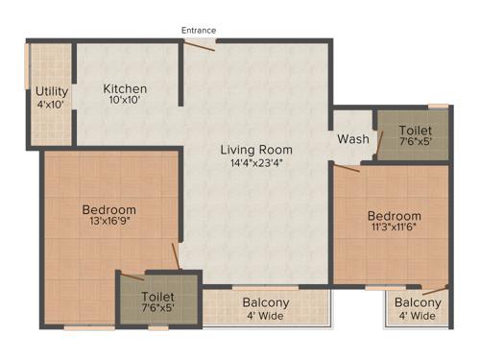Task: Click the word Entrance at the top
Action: [x=199, y=31]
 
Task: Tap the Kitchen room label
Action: [x=126, y=89]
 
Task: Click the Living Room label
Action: [x=256, y=150]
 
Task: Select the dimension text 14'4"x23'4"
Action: [x=256, y=162]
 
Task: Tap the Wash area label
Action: [x=352, y=139]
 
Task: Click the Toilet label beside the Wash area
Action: [x=415, y=130]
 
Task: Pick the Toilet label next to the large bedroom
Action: [x=157, y=297]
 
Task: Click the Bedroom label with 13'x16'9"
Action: [x=108, y=209]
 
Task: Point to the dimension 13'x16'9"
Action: [x=108, y=222]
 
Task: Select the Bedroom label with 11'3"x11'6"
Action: [x=394, y=216]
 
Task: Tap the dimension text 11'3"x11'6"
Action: [x=394, y=228]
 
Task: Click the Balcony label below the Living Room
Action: [x=265, y=302]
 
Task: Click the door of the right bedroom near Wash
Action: [x=347, y=167]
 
